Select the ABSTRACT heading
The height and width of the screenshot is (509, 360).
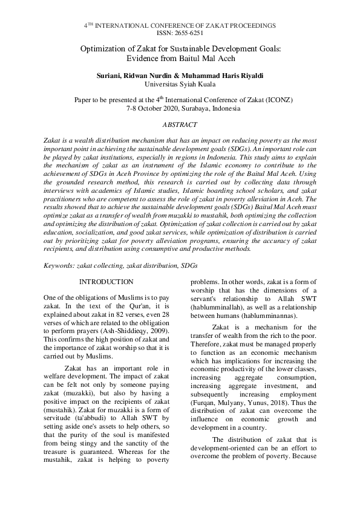click(x=180, y=125)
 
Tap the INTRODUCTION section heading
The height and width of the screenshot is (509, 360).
click(x=106, y=282)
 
